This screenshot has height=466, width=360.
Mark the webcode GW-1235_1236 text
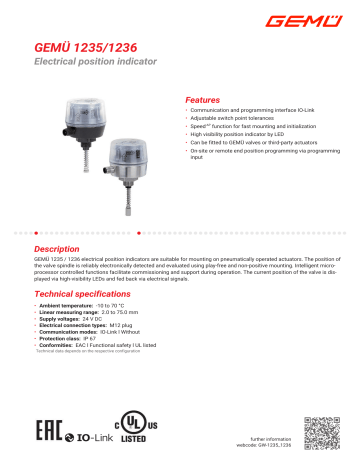click(x=263, y=444)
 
